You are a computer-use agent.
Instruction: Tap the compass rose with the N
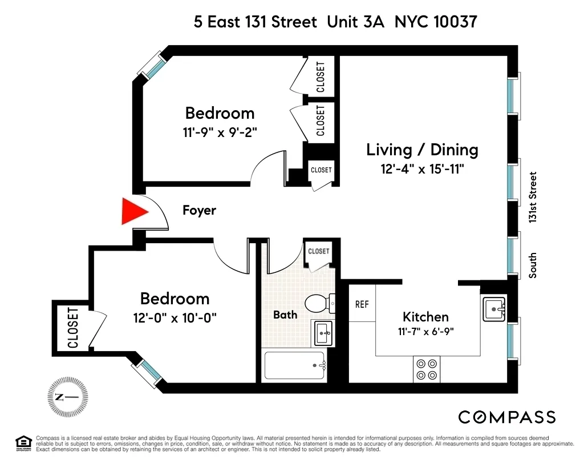point(67,397)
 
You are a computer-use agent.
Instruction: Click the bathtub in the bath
point(294,365)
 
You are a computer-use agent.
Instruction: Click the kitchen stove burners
point(427,369)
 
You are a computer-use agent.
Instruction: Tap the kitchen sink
point(494,309)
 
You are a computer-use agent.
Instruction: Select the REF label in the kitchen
point(362,304)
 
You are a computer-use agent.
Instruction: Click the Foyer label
point(199,210)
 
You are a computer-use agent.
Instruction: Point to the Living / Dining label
point(422,150)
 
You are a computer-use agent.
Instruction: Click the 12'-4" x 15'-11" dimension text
point(422,170)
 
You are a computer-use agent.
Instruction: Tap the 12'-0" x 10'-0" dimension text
point(175,317)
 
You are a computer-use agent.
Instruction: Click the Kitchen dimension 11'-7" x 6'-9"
point(425,331)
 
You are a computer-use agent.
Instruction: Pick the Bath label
point(285,315)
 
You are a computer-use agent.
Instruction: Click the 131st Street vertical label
point(533,198)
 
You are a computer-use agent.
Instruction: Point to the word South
point(533,265)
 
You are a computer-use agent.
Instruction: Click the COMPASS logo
point(507,417)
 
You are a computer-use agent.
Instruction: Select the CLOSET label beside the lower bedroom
point(73,328)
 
